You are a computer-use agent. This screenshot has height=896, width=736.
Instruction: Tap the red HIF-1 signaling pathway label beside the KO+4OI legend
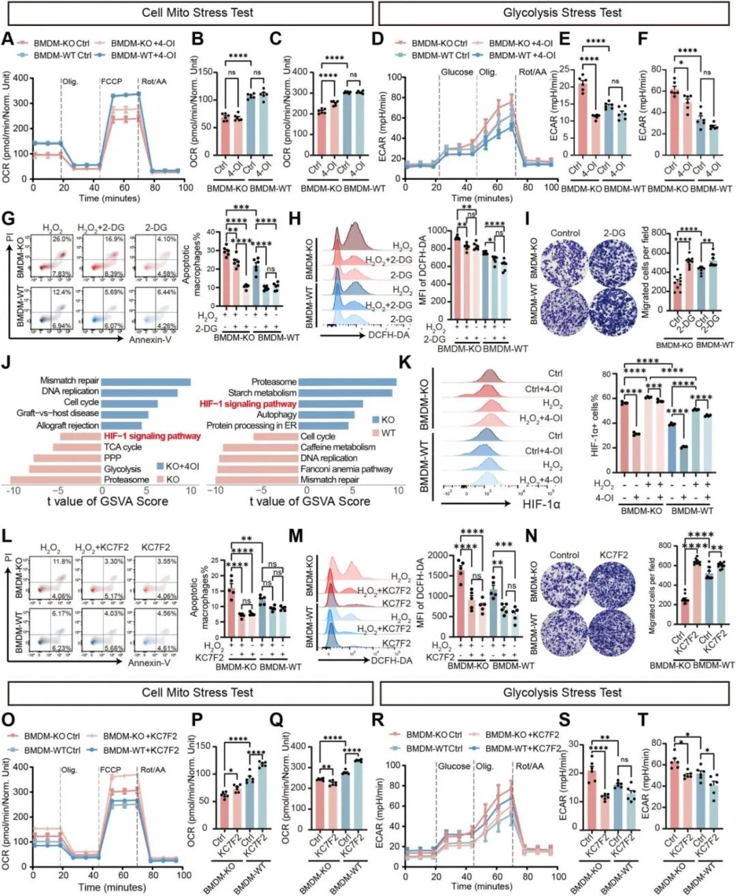click(x=152, y=436)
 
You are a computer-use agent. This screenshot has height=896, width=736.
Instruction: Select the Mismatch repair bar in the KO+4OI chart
click(x=146, y=381)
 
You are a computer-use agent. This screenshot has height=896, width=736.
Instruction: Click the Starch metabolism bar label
click(x=262, y=393)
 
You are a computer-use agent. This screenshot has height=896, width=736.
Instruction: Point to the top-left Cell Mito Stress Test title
click(x=198, y=13)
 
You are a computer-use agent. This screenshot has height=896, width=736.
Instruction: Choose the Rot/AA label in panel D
click(x=532, y=72)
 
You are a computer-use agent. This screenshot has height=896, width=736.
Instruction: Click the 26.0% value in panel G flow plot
click(x=63, y=239)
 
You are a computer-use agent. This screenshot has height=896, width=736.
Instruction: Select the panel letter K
click(x=404, y=362)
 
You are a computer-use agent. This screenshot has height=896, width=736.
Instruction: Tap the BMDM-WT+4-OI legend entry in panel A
click(x=143, y=55)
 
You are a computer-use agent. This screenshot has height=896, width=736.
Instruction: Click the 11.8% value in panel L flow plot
click(x=63, y=562)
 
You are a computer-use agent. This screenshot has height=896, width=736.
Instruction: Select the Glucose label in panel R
click(x=454, y=766)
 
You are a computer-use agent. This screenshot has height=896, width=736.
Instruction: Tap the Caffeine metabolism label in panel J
click(x=338, y=447)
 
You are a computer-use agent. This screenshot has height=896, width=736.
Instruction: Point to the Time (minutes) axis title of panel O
click(x=112, y=887)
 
